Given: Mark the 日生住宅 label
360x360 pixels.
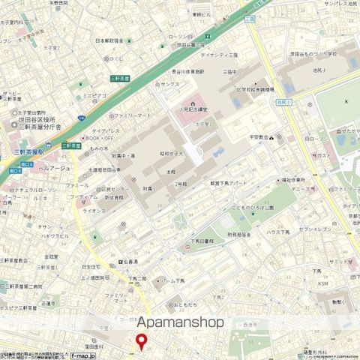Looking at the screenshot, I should click(91, 265).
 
